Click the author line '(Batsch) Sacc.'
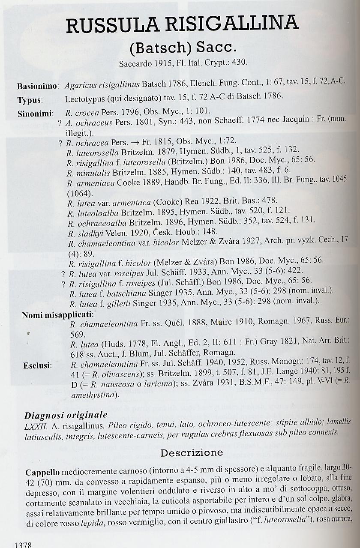pos(183,47)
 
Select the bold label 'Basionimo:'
pos(38,86)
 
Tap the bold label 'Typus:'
pos(30,100)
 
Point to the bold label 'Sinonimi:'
pos(36,114)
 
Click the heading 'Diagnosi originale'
pos(66,415)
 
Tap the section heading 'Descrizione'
pos(192,452)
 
